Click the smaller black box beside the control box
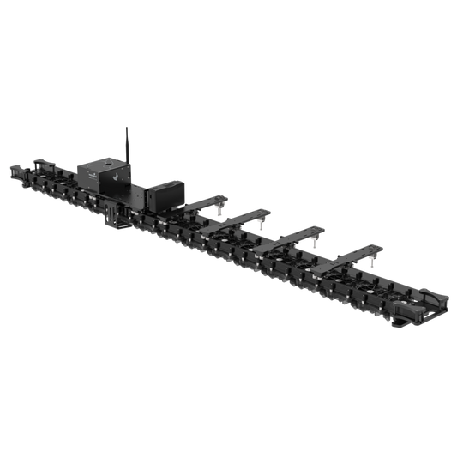pos(162,194)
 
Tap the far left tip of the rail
pos(11,167)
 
